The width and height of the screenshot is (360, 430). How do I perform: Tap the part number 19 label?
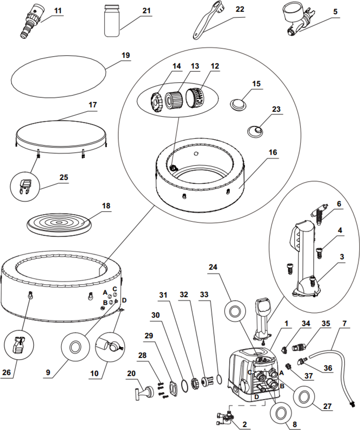(x=126, y=56)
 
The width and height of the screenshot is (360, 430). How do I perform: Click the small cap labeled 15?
(x=237, y=104)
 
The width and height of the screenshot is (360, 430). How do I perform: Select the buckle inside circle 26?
(x=19, y=344)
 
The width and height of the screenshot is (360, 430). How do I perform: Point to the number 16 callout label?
(x=273, y=152)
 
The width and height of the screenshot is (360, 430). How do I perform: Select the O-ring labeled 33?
(x=219, y=379)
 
